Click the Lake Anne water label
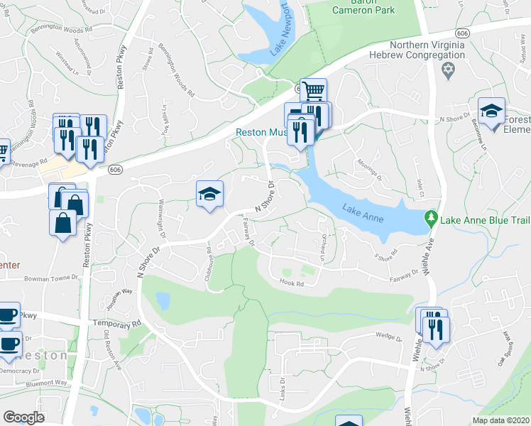[x=362, y=212]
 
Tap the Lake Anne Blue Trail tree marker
[x=430, y=217]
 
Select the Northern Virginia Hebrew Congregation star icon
[x=447, y=69]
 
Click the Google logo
[x=23, y=417]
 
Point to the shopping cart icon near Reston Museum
[x=312, y=90]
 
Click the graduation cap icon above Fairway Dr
[x=209, y=195]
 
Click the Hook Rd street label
[x=291, y=284]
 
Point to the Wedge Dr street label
[x=389, y=337]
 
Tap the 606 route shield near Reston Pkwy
[x=114, y=170]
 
